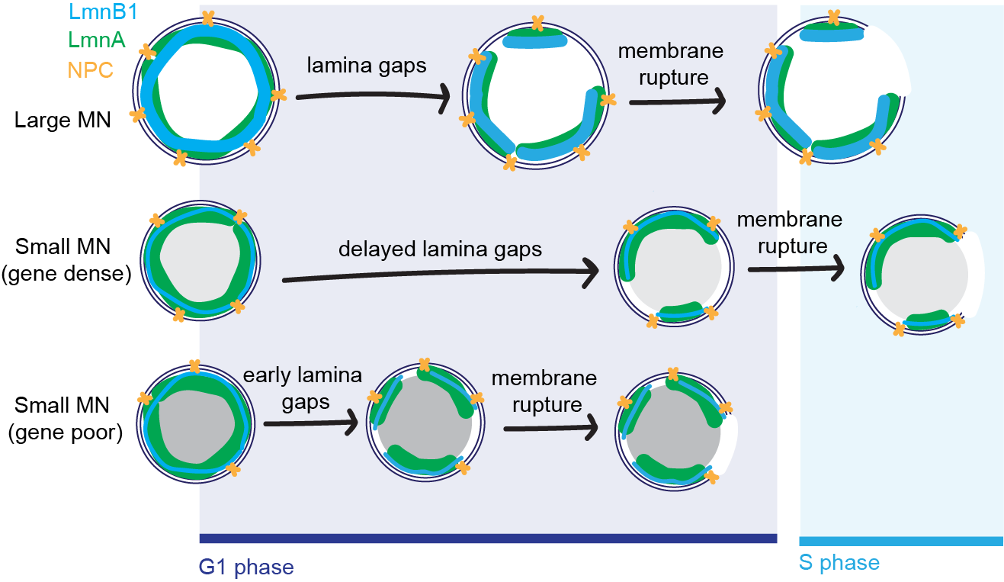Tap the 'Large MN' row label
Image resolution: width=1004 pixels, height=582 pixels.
click(63, 119)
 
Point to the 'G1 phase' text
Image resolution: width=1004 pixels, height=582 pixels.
click(246, 567)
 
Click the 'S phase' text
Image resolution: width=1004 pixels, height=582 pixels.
click(839, 564)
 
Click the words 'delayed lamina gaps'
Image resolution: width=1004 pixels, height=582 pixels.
click(440, 249)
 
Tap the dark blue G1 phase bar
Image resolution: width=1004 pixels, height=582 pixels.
click(488, 539)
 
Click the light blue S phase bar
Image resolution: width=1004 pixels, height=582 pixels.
click(900, 540)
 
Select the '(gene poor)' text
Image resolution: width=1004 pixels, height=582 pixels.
click(66, 433)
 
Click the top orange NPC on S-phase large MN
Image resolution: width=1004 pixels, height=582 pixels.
click(833, 16)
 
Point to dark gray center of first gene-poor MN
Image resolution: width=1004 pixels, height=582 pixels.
click(197, 427)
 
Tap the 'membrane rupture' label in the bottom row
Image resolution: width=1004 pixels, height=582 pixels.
click(544, 391)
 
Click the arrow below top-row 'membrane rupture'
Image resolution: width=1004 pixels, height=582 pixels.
click(675, 105)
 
